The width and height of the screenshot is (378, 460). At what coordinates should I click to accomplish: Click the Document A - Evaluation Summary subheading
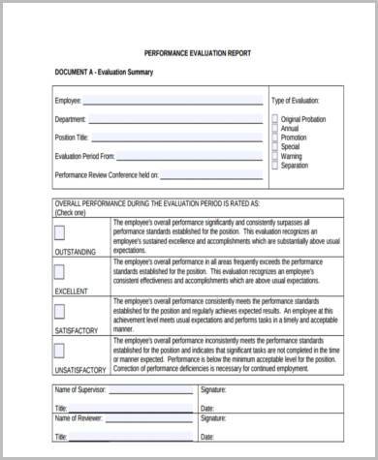[107, 74]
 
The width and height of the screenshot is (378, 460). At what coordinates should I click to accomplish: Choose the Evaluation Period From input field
[190, 156]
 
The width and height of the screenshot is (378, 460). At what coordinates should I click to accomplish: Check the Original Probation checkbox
[275, 119]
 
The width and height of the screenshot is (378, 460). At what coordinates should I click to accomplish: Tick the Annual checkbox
[275, 128]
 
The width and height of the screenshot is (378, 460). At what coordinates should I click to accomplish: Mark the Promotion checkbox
[275, 138]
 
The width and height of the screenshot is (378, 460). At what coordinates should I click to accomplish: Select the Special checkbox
[275, 146]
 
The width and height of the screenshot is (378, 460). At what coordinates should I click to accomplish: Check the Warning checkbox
[275, 156]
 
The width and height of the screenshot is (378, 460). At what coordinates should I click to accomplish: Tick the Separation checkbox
[275, 165]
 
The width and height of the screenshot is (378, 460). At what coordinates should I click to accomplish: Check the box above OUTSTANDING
[59, 233]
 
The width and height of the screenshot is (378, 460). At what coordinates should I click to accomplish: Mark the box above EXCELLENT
[59, 272]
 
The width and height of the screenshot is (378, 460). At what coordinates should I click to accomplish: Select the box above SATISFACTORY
[59, 311]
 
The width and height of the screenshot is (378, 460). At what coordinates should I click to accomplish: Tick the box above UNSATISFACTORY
[59, 351]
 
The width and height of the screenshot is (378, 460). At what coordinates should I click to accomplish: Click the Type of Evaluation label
[308, 101]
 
